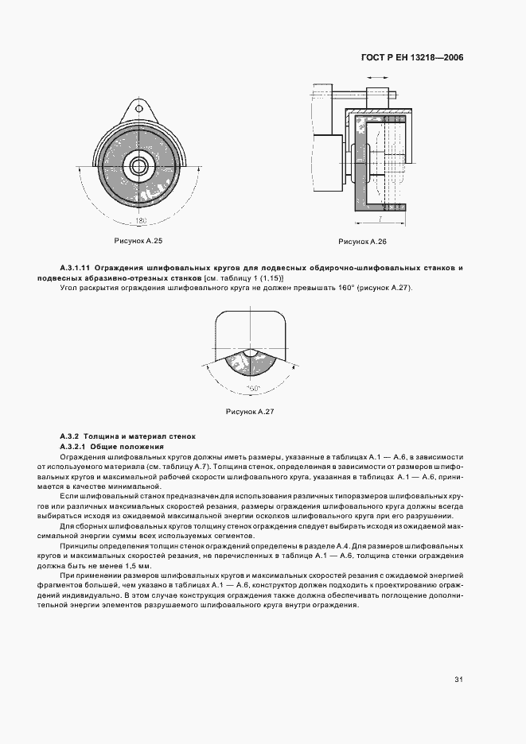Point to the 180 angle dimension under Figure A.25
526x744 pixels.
point(142,219)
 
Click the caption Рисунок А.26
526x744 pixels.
point(362,241)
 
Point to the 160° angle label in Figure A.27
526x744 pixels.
point(252,388)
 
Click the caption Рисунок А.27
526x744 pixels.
point(250,412)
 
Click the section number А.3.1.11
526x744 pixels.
point(76,269)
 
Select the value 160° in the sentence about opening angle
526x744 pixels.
point(344,287)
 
